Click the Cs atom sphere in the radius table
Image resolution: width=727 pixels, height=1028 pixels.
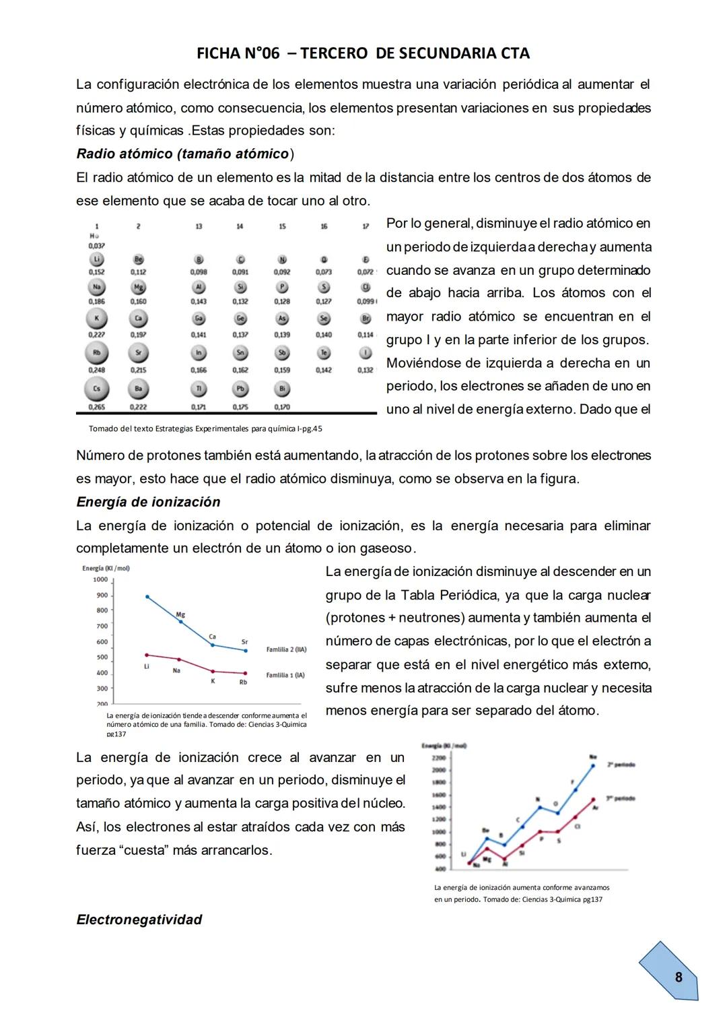pyautogui.click(x=96, y=389)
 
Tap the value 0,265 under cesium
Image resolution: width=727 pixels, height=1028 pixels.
pyautogui.click(x=96, y=407)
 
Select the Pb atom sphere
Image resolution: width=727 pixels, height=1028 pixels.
pyautogui.click(x=240, y=389)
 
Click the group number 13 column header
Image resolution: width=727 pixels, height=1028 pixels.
pyautogui.click(x=199, y=227)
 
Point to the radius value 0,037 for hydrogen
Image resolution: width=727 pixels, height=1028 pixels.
pyautogui.click(x=96, y=246)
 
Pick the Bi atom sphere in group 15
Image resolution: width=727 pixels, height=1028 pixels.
pyautogui.click(x=282, y=389)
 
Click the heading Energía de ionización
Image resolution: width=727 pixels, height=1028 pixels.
pyautogui.click(x=148, y=502)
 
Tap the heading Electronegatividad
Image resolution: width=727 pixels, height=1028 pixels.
pyautogui.click(x=139, y=920)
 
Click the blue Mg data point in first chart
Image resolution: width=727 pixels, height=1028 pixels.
pyautogui.click(x=180, y=622)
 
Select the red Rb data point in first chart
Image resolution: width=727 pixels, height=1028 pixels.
pyautogui.click(x=245, y=673)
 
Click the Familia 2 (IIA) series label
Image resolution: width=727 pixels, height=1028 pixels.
pyautogui.click(x=286, y=649)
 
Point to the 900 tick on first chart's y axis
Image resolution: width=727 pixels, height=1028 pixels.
pyautogui.click(x=102, y=595)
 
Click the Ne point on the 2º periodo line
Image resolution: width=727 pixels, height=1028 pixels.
pyautogui.click(x=593, y=765)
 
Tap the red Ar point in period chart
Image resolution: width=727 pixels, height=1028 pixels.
pyautogui.click(x=594, y=800)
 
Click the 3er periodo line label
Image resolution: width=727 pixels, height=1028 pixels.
pyautogui.click(x=621, y=798)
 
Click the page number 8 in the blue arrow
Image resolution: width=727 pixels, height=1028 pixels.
pyautogui.click(x=678, y=977)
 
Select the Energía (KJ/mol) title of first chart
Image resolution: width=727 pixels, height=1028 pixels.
pyautogui.click(x=106, y=568)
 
